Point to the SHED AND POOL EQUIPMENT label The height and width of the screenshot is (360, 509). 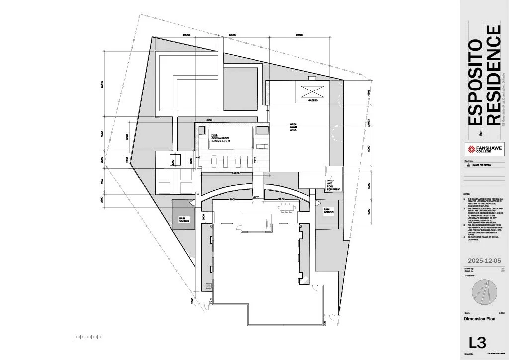click(333, 185)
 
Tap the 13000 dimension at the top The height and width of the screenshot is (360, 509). click(232, 35)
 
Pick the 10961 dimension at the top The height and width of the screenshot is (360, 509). click(187, 35)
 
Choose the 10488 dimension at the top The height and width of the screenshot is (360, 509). click(299, 35)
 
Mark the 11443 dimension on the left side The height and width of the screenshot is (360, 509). click(102, 85)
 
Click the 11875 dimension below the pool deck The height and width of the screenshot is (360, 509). click(236, 173)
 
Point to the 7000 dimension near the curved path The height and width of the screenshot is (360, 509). click(232, 199)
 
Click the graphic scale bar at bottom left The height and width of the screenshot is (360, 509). click(89, 337)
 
